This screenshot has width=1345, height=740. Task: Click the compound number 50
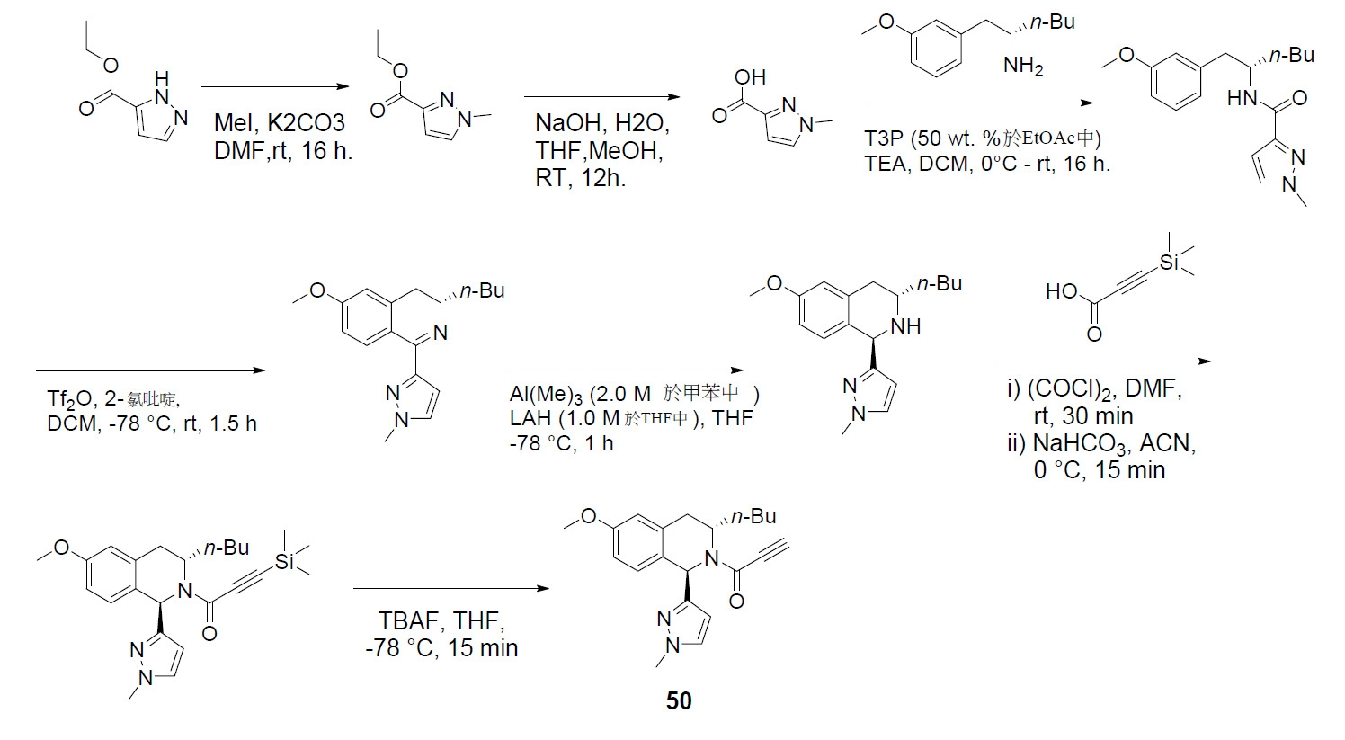[x=679, y=701]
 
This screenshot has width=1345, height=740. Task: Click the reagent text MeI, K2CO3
[x=280, y=123]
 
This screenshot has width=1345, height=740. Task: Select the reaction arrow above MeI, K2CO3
[x=275, y=86]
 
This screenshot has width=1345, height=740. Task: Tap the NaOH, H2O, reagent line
[x=601, y=123]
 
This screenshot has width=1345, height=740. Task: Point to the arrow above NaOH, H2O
[x=601, y=97]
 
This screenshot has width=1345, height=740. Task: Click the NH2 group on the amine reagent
[x=1023, y=65]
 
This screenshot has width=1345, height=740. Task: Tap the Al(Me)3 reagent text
[x=546, y=395]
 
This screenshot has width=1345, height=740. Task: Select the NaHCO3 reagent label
[x=1082, y=444]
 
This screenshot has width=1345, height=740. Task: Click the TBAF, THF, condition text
[x=441, y=621]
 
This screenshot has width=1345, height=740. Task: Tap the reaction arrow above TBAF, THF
[x=451, y=589]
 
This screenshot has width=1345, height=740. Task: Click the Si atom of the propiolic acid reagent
[x=1169, y=263]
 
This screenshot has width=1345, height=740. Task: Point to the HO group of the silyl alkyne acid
[x=1062, y=291]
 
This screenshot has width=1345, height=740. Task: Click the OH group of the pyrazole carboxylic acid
[x=750, y=77]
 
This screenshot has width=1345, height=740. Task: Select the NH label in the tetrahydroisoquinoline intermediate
[x=905, y=326]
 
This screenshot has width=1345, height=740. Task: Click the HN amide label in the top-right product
[x=1243, y=98]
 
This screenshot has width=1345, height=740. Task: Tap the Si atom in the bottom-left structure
[x=285, y=562]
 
